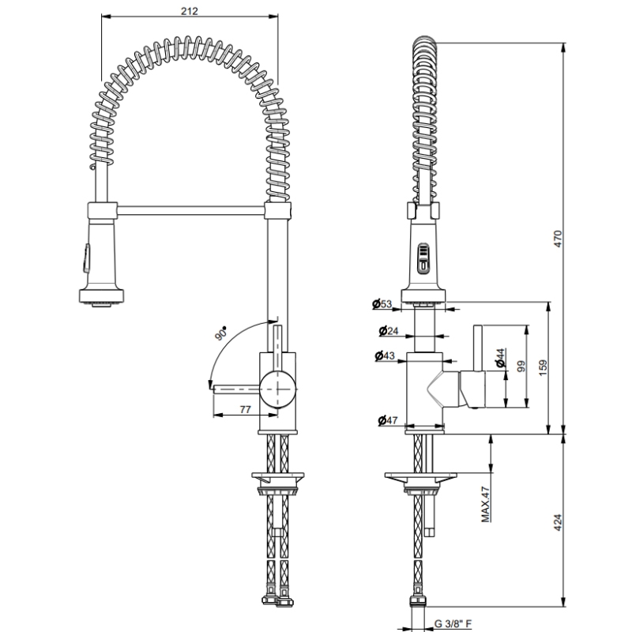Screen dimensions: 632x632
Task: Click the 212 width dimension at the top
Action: point(190,11)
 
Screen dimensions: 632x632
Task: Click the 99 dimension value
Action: point(521,367)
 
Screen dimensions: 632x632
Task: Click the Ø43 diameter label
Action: point(386,356)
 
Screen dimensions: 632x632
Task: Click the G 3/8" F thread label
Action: point(453,624)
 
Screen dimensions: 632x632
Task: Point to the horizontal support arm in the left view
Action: point(190,209)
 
